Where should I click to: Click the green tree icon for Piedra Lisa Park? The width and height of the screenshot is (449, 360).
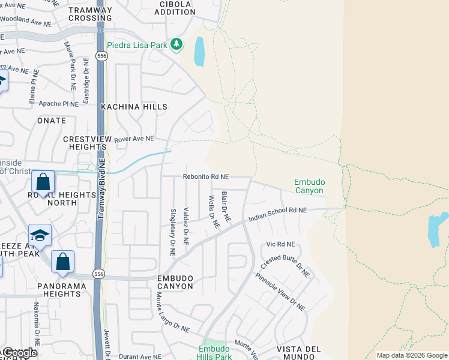tap(176, 44)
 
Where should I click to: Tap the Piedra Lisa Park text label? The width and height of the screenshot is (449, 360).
tap(137, 44)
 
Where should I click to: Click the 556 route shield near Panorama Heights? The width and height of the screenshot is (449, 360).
tap(98, 273)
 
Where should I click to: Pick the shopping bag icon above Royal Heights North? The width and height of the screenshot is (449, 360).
tap(43, 181)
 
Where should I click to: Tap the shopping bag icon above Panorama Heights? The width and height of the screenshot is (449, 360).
tap(62, 262)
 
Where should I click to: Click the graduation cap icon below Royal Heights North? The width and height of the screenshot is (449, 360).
tap(40, 235)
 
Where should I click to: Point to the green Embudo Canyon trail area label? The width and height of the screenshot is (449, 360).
tap(309, 186)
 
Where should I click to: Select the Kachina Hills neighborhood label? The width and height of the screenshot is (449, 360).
tap(134, 107)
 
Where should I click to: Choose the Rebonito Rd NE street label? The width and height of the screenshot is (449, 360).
tap(206, 177)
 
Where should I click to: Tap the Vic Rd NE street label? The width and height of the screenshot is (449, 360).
tap(280, 244)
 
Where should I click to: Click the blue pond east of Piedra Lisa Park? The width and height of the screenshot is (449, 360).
tap(199, 52)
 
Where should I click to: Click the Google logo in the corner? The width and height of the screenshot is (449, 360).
tap(19, 353)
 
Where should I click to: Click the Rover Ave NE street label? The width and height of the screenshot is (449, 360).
tap(134, 139)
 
